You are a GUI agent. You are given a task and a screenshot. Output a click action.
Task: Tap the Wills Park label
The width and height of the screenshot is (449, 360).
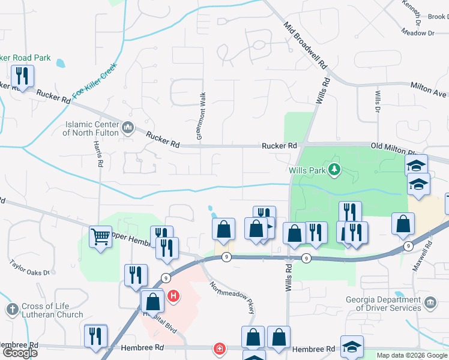point(307,170)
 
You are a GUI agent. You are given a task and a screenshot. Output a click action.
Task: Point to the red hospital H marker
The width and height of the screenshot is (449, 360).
point(173,296)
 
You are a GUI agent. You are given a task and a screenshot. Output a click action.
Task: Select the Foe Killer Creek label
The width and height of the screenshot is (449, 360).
point(94,82)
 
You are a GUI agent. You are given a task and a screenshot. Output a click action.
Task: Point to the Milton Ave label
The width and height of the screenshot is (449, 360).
point(429,90)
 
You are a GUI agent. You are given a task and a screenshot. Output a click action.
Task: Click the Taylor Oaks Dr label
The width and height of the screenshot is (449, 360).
point(29,268)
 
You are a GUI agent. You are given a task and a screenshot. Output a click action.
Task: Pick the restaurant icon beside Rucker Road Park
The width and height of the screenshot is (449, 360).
point(22,76)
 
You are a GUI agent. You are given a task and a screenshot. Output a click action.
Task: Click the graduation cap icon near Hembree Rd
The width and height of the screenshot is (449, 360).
point(352,346)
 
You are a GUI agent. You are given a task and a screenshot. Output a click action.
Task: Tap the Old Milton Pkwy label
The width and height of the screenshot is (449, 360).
point(393,146)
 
